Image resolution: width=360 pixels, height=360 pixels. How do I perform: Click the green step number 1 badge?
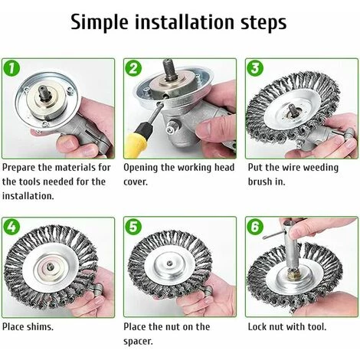point(11,68)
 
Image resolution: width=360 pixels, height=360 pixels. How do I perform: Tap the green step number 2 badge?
point(133,68)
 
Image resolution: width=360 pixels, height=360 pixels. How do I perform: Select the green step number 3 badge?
point(255,68)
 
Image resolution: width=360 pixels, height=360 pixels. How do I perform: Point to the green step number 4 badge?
point(11,227)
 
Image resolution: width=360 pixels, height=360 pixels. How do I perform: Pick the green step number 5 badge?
point(133,227)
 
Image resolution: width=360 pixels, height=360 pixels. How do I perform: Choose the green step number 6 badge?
point(255,227)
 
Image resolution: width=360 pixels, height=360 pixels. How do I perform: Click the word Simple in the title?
point(100,22)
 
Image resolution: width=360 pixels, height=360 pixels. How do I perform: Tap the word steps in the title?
point(263,23)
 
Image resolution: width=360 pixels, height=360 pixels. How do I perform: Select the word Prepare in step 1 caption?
point(19,168)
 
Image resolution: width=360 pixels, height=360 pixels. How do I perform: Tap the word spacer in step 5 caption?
point(138,342)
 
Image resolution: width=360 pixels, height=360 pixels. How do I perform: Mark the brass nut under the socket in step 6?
point(293,274)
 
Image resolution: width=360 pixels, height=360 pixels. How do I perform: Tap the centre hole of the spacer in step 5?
point(169,263)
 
